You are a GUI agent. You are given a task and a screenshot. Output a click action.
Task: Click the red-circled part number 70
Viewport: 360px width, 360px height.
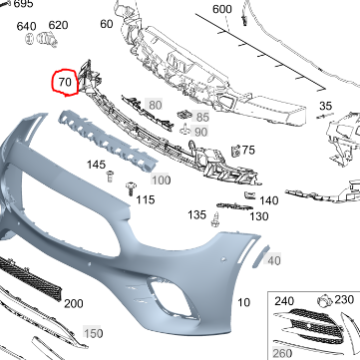(65, 82)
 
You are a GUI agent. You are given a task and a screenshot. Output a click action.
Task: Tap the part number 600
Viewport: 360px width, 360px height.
(222, 9)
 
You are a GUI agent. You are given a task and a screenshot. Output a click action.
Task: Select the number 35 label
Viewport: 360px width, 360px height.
(325, 106)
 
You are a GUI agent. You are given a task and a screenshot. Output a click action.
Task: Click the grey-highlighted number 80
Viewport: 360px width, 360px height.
(155, 105)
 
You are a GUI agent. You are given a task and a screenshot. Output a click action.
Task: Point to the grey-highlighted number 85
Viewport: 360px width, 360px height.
(202, 117)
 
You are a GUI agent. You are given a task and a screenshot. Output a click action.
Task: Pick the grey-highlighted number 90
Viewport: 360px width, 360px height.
(200, 132)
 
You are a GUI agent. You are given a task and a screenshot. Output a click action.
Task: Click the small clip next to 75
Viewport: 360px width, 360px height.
(236, 151)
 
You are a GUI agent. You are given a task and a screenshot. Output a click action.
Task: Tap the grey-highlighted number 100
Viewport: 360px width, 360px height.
(161, 180)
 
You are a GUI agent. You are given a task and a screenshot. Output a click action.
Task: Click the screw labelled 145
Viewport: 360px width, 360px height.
(110, 177)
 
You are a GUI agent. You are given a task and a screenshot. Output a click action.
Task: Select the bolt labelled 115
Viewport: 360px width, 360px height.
(131, 188)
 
